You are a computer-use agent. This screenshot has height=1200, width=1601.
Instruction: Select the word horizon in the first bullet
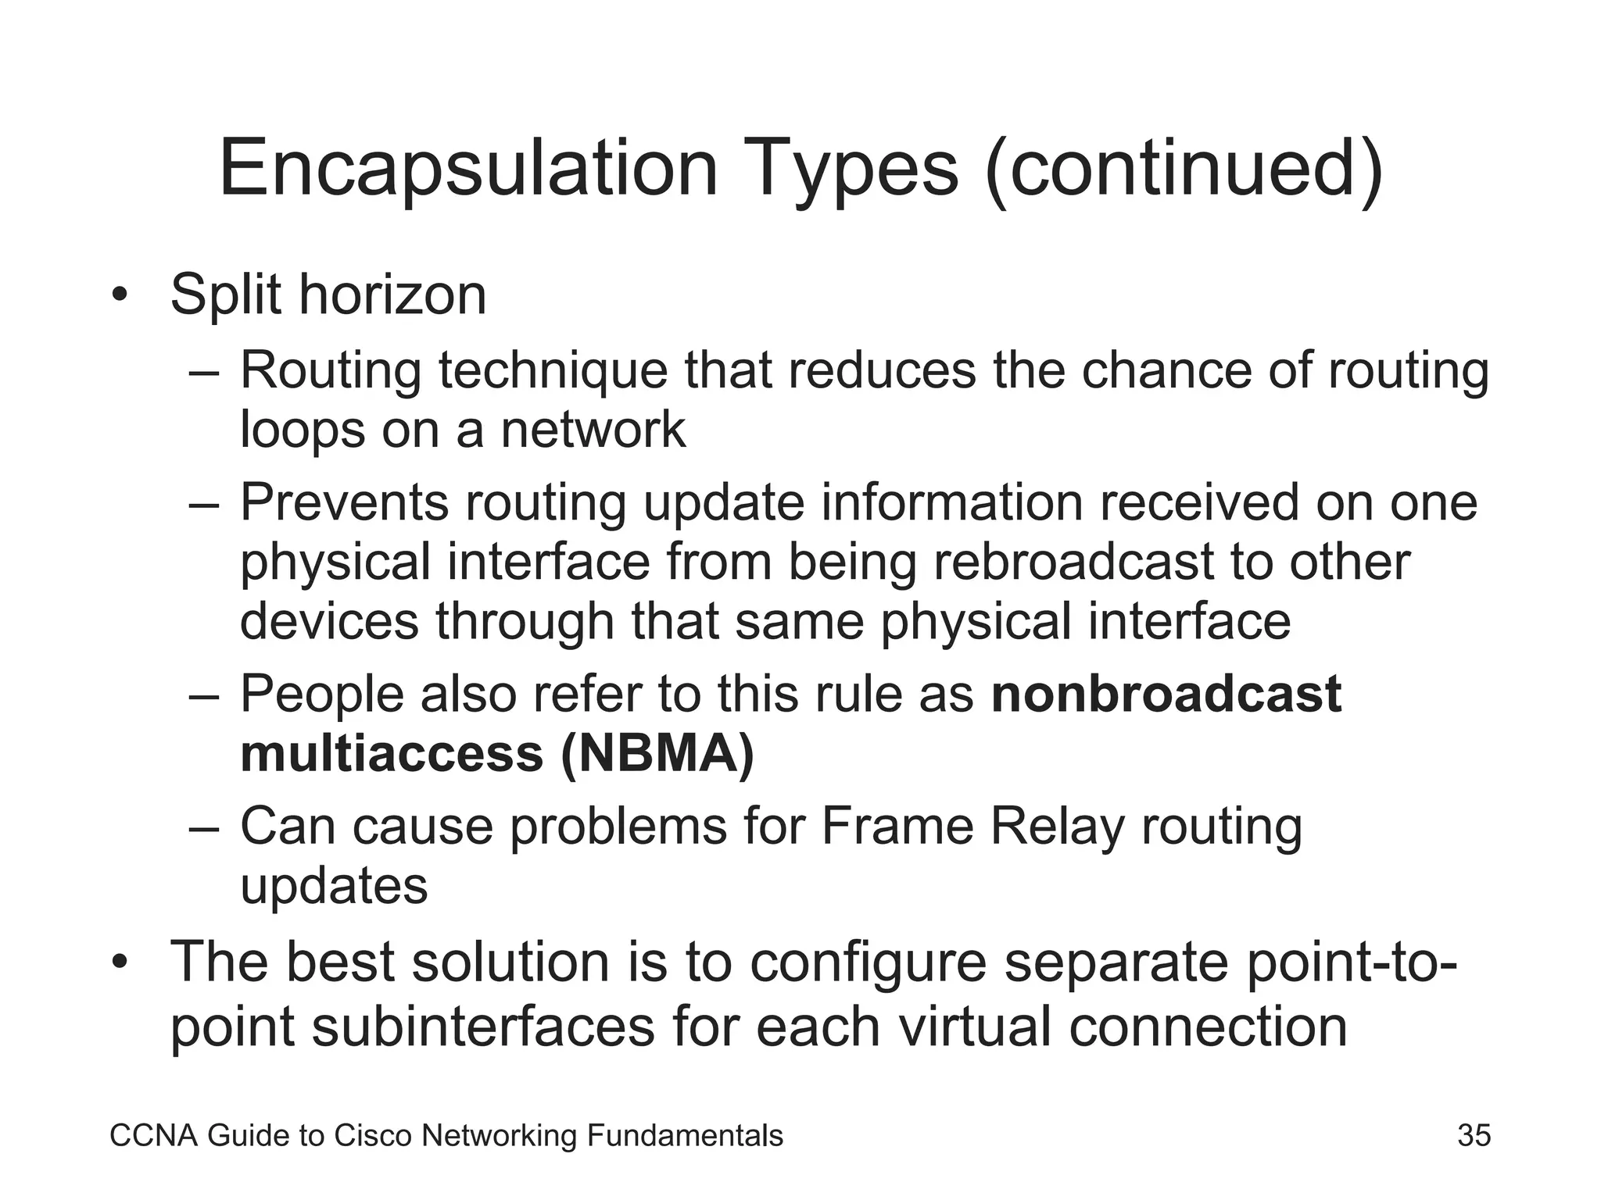[392, 295]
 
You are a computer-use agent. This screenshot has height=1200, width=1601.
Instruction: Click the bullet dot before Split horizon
[119, 296]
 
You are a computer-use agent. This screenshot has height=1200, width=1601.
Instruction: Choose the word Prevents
[344, 502]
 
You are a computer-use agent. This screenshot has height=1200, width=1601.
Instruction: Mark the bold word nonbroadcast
[1166, 694]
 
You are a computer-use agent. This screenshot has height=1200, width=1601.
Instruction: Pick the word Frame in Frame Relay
[897, 826]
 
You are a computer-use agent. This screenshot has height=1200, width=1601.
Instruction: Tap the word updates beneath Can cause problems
[334, 886]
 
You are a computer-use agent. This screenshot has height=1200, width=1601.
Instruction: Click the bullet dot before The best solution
[119, 962]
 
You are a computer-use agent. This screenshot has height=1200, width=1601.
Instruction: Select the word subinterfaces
[482, 1026]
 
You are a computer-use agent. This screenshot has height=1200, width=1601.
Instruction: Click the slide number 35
[1474, 1135]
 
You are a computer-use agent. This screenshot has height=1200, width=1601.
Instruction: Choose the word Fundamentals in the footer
[684, 1135]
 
